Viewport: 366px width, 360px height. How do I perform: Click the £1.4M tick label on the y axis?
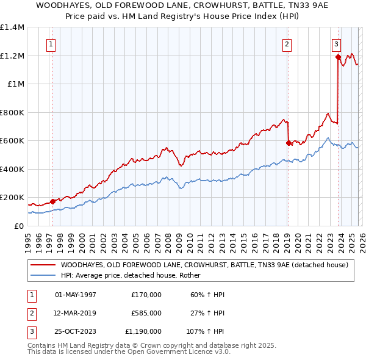tap(12, 27)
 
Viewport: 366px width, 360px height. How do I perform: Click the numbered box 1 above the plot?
tap(51, 43)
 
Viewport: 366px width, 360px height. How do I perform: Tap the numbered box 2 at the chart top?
tap(287, 43)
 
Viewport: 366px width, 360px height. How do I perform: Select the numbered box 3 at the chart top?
tap(336, 43)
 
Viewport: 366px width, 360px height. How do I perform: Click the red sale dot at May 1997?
tap(53, 201)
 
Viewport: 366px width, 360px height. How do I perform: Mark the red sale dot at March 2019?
tap(288, 143)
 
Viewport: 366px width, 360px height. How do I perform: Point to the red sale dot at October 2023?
tap(338, 57)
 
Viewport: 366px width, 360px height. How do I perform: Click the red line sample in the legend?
tap(43, 265)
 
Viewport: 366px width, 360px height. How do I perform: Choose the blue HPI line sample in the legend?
tap(43, 276)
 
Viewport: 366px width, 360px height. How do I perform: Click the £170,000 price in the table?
tap(146, 295)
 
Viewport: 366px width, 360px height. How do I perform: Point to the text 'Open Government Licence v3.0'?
tap(177, 352)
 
